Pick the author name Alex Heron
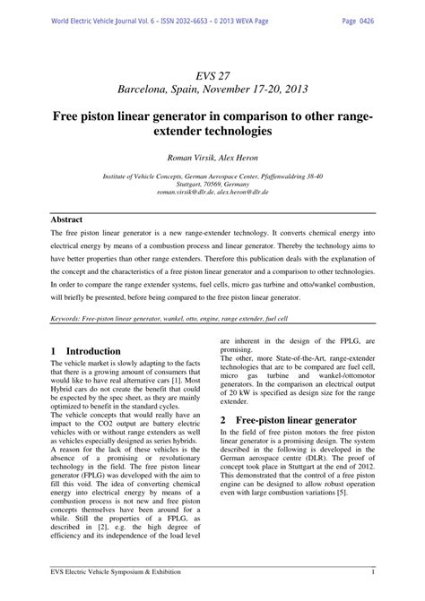click(241, 158)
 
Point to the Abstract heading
click(67, 219)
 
